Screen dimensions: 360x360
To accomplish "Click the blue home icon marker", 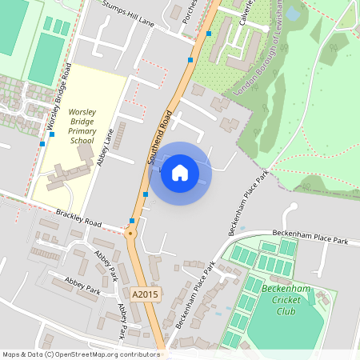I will pyautogui.click(x=180, y=173).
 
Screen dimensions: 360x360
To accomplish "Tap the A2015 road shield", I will pyautogui.click(x=147, y=294).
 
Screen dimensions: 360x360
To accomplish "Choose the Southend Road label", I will pyautogui.click(x=159, y=136).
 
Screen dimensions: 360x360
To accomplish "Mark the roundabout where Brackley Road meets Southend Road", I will pyautogui.click(x=131, y=232).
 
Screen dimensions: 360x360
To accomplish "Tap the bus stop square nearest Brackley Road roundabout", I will pyautogui.click(x=132, y=220).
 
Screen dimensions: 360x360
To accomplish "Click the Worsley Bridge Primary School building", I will pyautogui.click(x=68, y=172).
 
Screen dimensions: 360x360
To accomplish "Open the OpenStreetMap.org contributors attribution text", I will pyautogui.click(x=108, y=354).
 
